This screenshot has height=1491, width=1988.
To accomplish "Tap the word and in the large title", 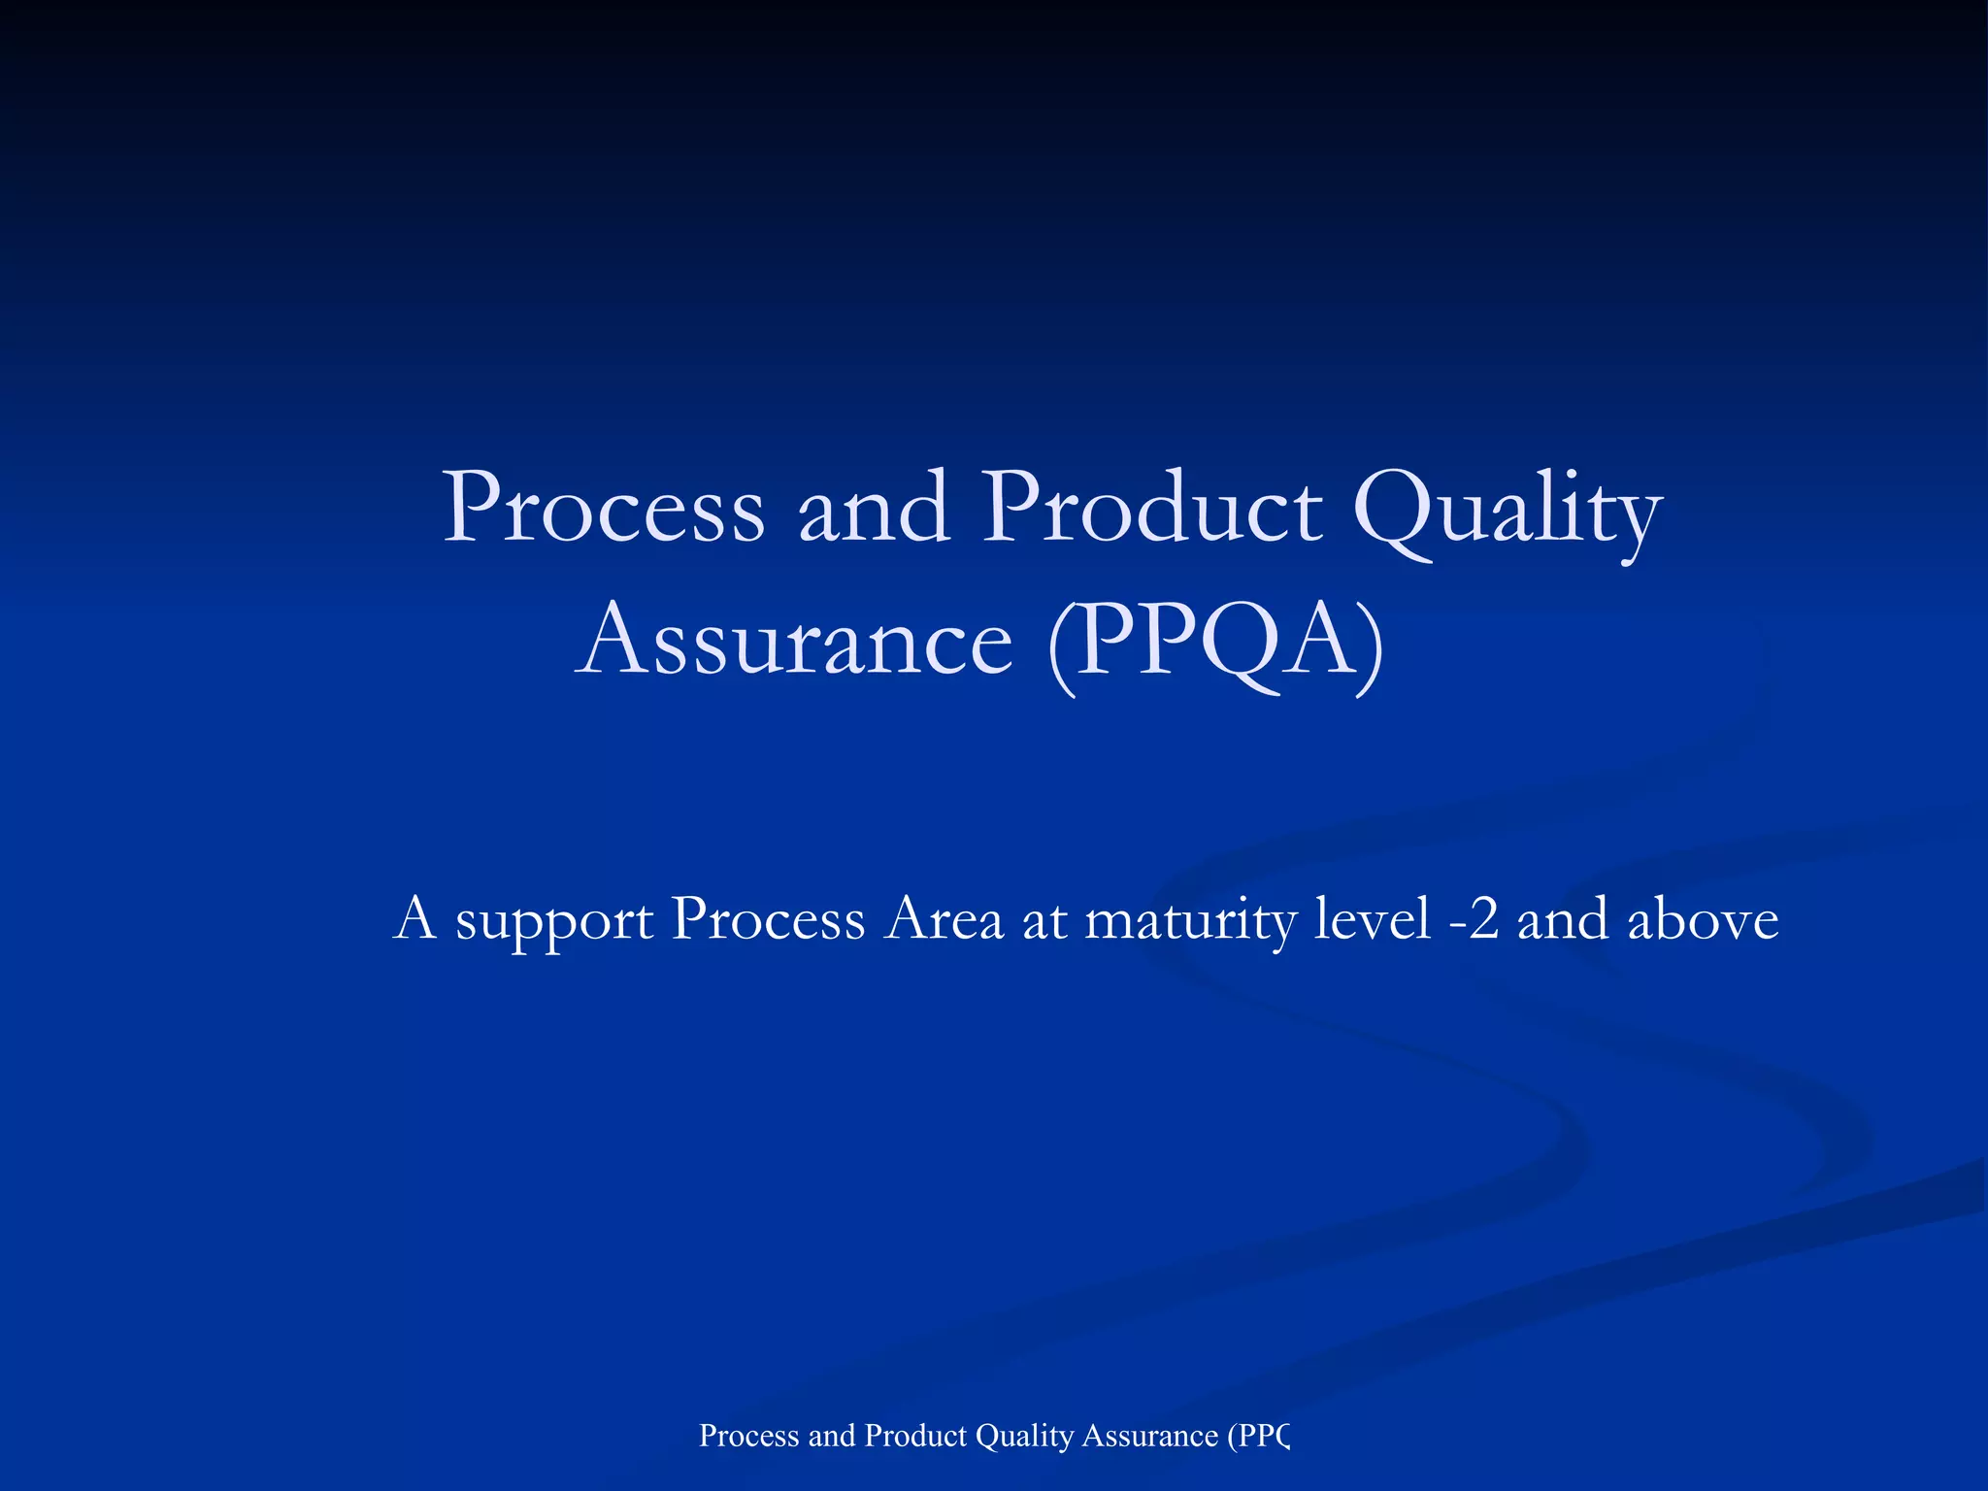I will click(873, 509).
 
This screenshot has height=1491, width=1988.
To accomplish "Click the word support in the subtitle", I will click(554, 919).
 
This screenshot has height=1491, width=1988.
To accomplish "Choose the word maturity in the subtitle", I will click(1190, 919).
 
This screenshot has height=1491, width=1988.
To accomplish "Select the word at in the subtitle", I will click(1044, 919).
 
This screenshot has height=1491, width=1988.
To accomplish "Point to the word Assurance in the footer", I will click(1149, 1436).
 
